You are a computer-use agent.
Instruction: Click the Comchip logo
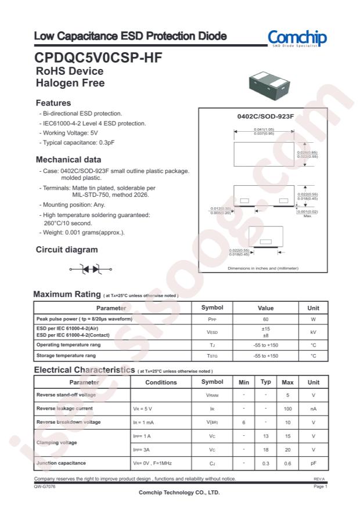(297, 38)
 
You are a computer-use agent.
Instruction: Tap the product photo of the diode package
(271, 88)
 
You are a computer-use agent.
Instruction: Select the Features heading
(53, 103)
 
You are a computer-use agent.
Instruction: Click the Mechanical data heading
(69, 159)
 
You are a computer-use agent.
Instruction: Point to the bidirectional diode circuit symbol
(90, 269)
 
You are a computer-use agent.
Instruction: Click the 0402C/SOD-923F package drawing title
(265, 117)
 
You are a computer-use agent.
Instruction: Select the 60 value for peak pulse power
(265, 319)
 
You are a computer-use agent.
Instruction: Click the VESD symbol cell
(212, 332)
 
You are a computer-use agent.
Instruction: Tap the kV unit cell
(313, 332)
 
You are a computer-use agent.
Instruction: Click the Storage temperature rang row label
(69, 355)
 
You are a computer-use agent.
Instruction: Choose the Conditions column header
(161, 382)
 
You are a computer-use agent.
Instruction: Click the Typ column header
(265, 382)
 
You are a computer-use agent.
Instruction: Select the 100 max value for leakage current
(287, 409)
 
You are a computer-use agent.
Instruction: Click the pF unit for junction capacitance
(313, 463)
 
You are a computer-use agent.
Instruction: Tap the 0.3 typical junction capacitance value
(265, 463)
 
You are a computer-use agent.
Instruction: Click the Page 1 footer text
(321, 486)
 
